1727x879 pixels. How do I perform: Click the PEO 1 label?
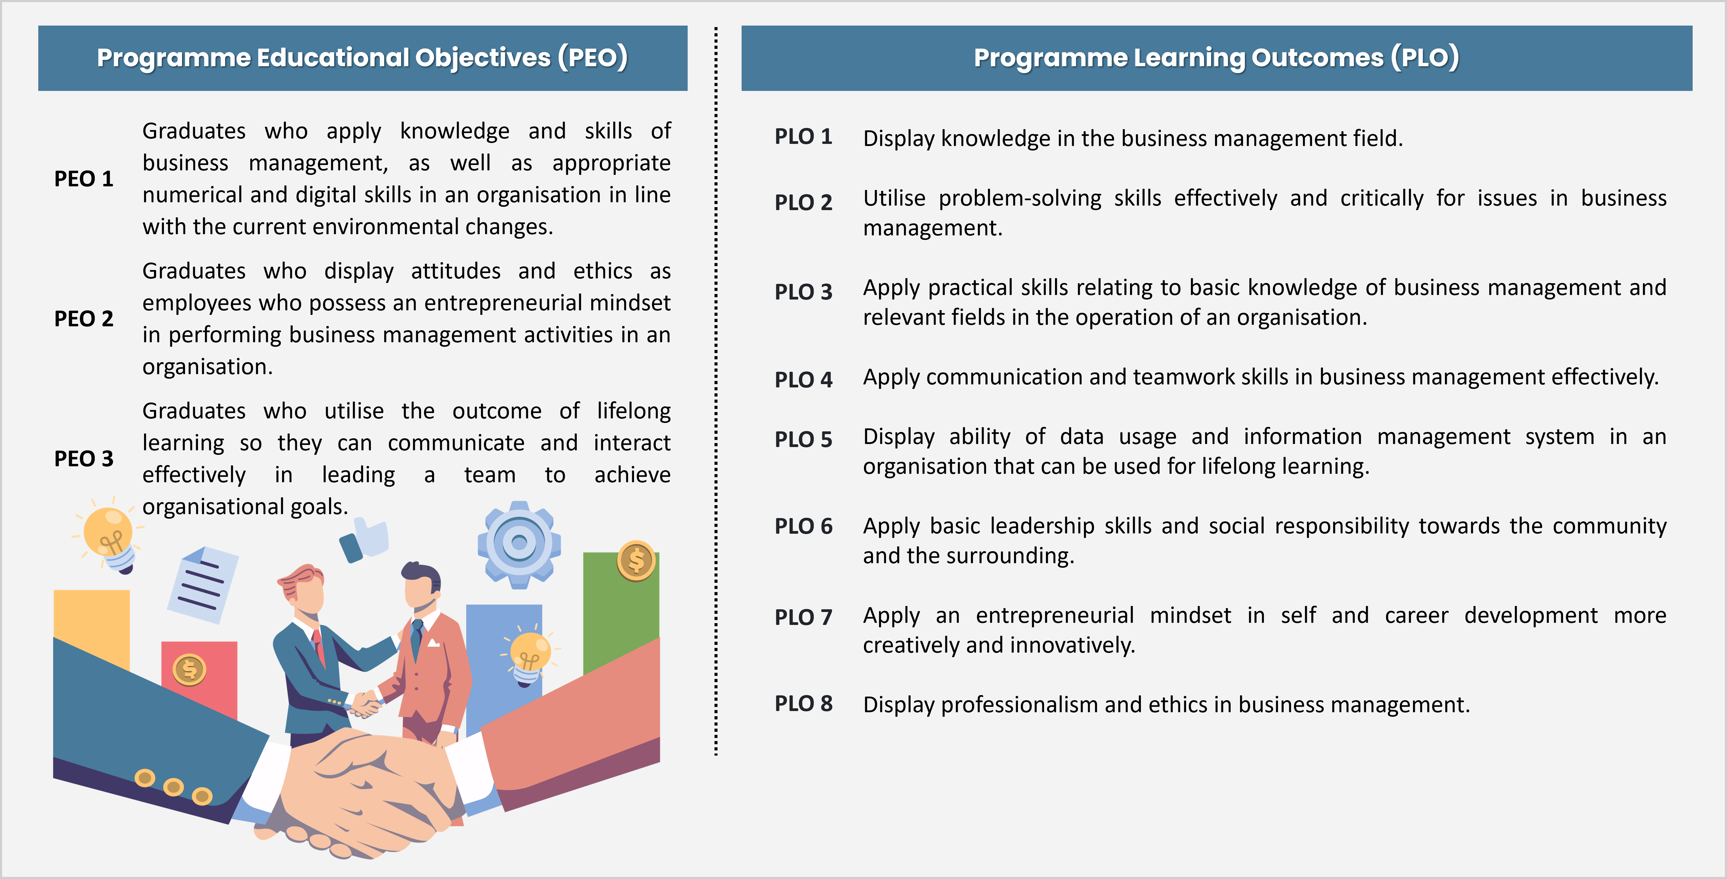click(84, 179)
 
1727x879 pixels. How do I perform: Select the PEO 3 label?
click(84, 459)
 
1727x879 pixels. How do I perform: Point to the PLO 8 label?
click(803, 704)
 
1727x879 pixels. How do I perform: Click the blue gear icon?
click(519, 544)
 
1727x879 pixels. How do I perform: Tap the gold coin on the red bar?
click(189, 669)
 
